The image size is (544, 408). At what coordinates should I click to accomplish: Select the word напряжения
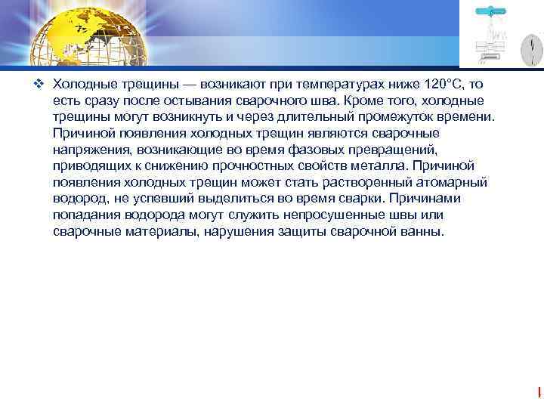tap(88, 150)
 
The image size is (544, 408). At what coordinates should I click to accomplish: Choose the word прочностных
tap(249, 166)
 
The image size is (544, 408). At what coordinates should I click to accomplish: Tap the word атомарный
tap(453, 183)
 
